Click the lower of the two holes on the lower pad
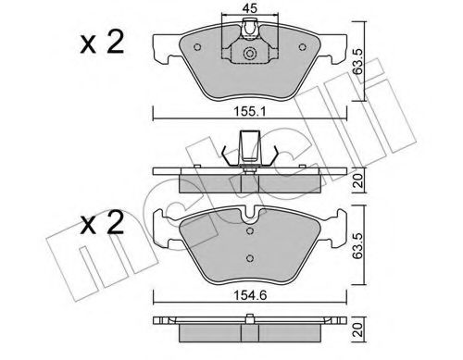[x=247, y=255]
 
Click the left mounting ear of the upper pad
[x=165, y=43]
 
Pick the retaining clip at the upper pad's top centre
[x=247, y=35]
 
